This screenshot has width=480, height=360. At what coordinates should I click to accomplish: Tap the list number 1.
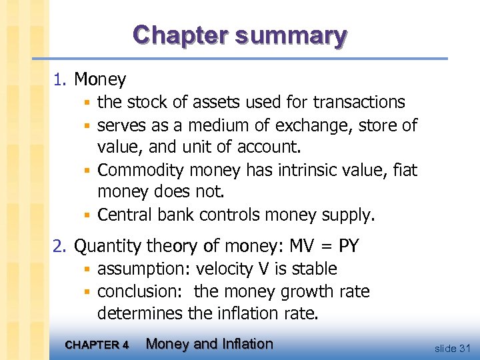tap(60, 80)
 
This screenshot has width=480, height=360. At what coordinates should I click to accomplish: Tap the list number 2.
tap(60, 247)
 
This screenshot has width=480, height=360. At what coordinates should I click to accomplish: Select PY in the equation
tap(349, 247)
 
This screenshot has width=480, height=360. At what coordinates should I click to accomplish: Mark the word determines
tap(137, 313)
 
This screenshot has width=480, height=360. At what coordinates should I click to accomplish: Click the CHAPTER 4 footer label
tap(98, 345)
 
